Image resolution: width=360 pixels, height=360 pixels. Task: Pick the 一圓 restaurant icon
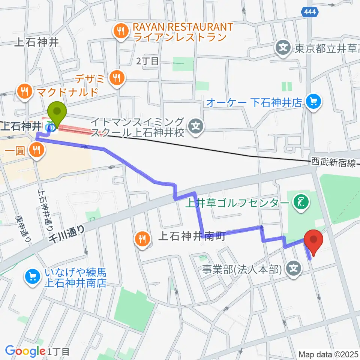pos(36,151)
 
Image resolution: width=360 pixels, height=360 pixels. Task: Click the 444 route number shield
pos(310,12)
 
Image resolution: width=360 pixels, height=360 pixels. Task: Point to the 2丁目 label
pos(148,61)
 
